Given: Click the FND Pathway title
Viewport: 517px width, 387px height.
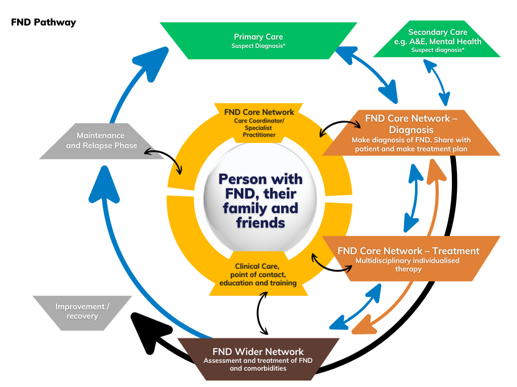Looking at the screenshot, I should [43, 22].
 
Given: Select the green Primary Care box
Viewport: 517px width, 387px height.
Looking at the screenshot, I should [258, 40].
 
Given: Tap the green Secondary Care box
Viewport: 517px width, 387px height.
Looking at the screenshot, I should [437, 40].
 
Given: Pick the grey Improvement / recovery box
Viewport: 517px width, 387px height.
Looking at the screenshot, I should [82, 312].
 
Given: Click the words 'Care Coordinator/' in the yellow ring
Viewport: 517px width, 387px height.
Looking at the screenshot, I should [258, 121].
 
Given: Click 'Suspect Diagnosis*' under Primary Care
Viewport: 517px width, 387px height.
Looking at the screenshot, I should [258, 46].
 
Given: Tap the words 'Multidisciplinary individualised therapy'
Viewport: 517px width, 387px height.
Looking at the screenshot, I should [408, 265].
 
